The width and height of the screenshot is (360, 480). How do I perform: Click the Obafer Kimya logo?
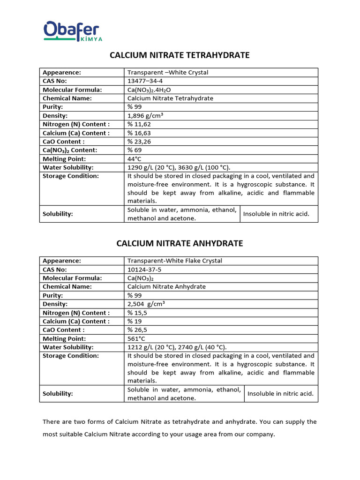click(73, 31)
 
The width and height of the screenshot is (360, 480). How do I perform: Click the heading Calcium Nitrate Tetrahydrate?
click(180, 55)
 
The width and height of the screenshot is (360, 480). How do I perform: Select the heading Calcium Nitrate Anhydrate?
click(180, 243)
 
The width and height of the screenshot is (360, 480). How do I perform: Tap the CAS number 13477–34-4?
click(147, 81)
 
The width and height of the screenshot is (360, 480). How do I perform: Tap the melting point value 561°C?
click(137, 338)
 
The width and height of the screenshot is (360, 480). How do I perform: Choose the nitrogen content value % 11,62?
click(139, 124)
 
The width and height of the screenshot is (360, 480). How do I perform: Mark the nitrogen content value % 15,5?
click(137, 313)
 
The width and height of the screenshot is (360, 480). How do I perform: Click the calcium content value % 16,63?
click(139, 133)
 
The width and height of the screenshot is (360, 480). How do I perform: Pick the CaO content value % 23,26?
click(139, 142)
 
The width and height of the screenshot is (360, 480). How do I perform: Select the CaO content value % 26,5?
click(137, 330)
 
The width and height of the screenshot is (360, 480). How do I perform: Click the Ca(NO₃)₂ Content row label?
click(70, 150)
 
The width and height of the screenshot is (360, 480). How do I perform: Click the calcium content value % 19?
click(135, 321)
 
